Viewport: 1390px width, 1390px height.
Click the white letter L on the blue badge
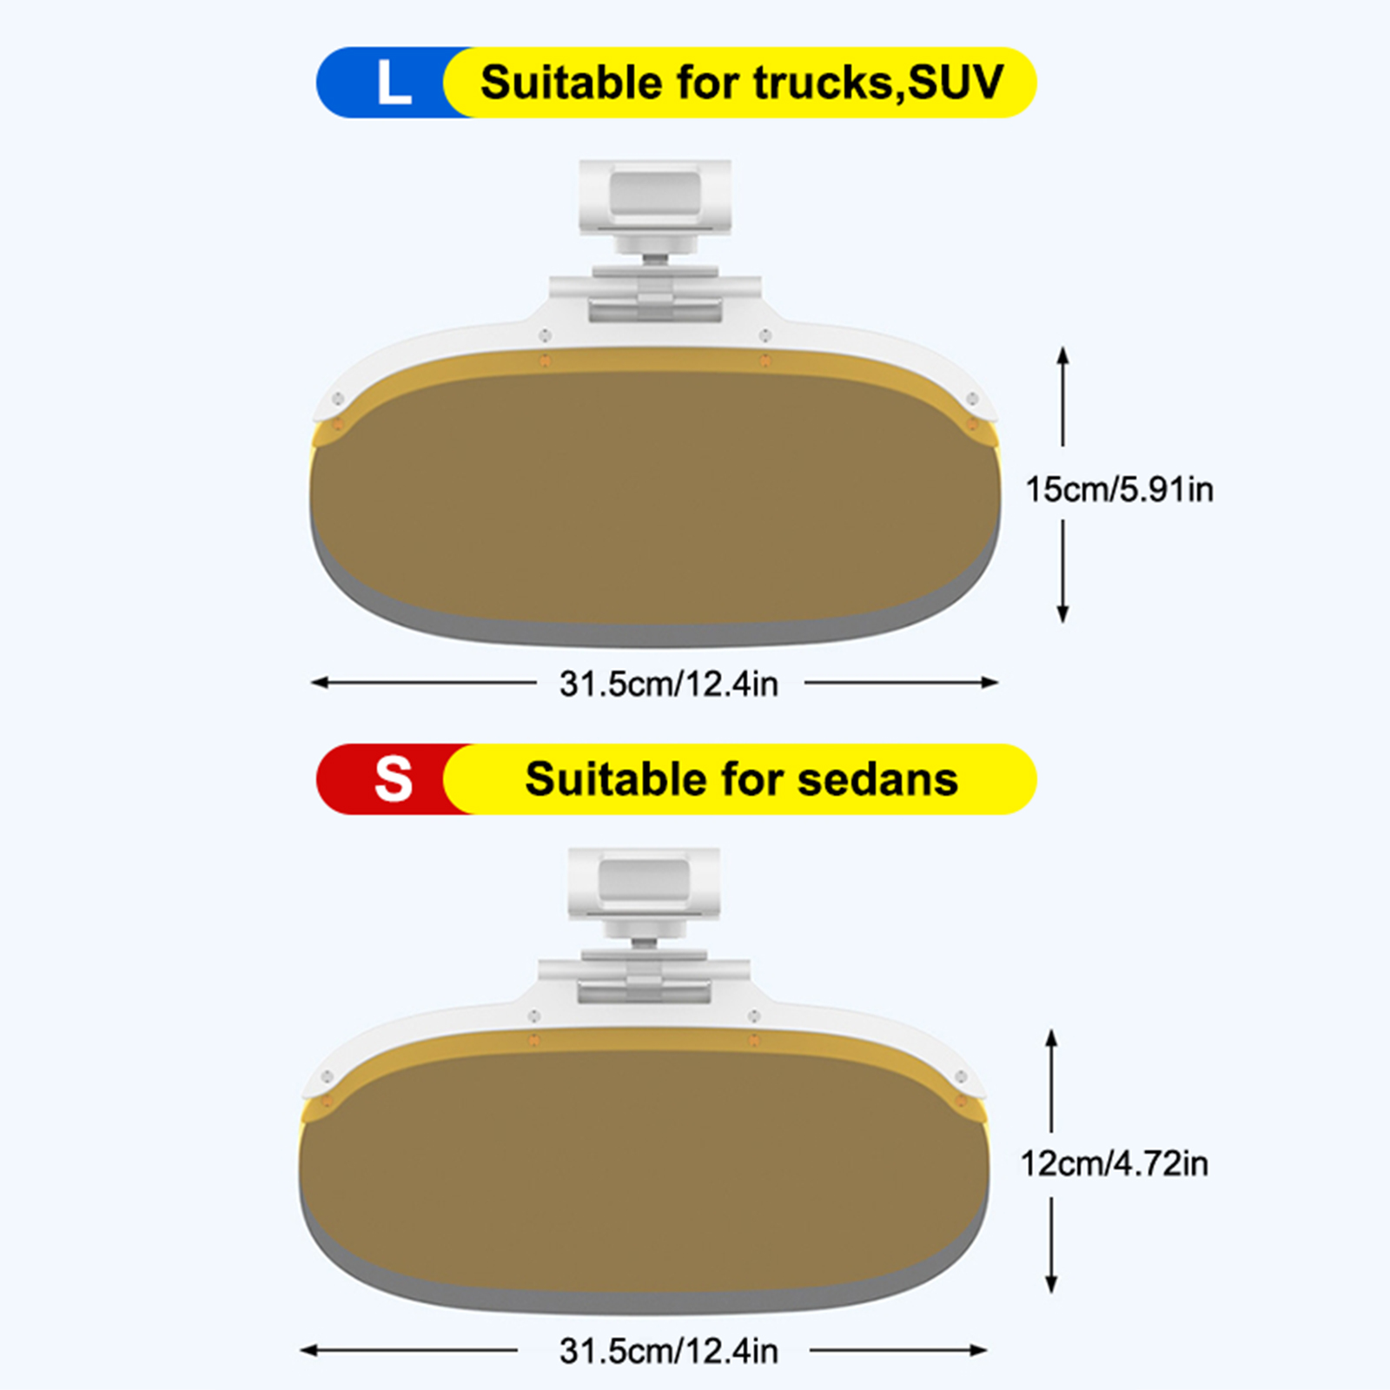[393, 83]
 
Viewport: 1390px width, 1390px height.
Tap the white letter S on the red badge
[393, 778]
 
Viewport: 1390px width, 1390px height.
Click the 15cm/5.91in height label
[1119, 490]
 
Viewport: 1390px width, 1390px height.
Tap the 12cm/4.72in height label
[1114, 1164]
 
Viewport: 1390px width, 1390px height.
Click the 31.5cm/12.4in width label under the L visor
[668, 685]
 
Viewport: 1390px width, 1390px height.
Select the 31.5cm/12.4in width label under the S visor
[668, 1352]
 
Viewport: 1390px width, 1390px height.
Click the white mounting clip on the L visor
[655, 198]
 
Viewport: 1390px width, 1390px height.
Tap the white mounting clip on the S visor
[644, 884]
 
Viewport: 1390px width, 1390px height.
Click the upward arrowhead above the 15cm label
[1062, 354]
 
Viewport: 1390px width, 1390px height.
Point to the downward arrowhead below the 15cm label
[1062, 615]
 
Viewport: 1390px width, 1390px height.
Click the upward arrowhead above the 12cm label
[1051, 1037]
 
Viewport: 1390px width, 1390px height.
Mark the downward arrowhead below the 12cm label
[1051, 1286]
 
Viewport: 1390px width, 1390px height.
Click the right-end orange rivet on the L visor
[972, 425]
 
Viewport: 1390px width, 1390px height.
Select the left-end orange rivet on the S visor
[327, 1102]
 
